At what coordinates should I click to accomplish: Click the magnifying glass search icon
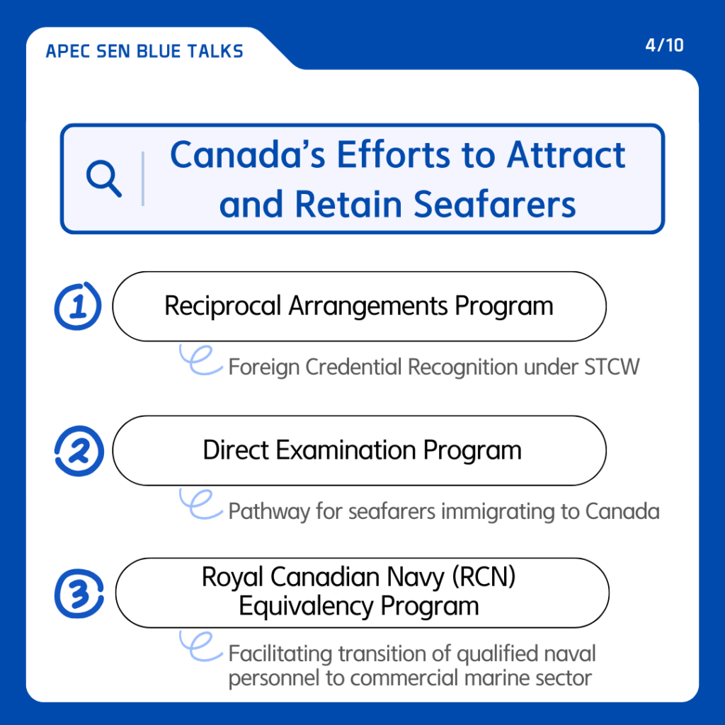click(x=103, y=178)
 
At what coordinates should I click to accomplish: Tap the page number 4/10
click(x=664, y=45)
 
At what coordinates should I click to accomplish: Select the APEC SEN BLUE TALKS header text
click(x=144, y=51)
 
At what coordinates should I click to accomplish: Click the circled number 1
click(x=78, y=306)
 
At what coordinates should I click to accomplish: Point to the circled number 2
click(x=79, y=451)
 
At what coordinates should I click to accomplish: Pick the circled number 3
click(x=79, y=594)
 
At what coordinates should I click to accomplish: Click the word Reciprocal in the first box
click(x=223, y=307)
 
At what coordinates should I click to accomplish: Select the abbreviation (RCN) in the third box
click(x=484, y=577)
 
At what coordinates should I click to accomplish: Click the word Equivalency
click(x=306, y=606)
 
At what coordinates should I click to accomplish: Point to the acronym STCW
click(x=612, y=367)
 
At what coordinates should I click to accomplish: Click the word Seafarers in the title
click(x=495, y=205)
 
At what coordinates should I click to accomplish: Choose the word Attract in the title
click(x=566, y=155)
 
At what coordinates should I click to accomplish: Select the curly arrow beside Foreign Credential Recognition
click(x=200, y=360)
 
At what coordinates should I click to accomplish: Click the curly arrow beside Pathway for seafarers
click(x=200, y=504)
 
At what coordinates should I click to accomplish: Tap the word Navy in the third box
click(x=415, y=578)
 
